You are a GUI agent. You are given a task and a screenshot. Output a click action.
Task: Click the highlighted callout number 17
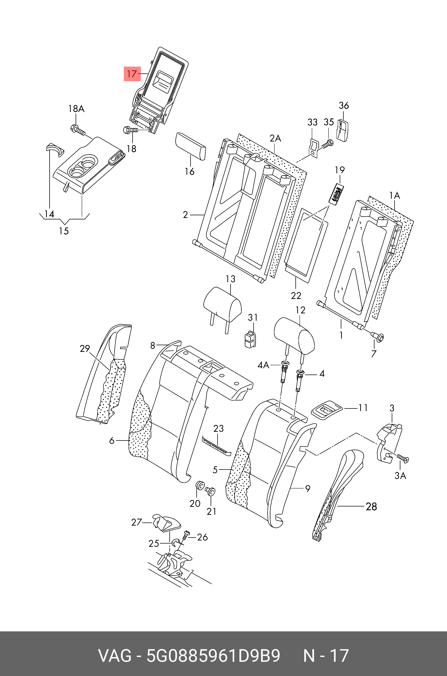pyautogui.click(x=132, y=74)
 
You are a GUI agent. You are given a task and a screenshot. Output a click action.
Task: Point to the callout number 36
pyautogui.click(x=343, y=105)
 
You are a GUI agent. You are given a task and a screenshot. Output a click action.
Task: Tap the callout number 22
pyautogui.click(x=296, y=296)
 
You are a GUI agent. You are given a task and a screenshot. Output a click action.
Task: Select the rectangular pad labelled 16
pyautogui.click(x=191, y=146)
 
